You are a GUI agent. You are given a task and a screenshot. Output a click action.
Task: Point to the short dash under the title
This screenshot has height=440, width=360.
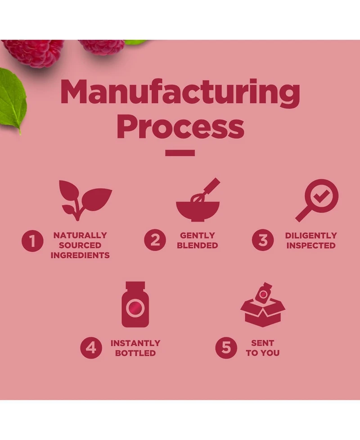pyautogui.click(x=180, y=153)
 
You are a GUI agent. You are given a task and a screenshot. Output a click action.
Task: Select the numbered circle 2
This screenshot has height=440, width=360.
pyautogui.click(x=155, y=240)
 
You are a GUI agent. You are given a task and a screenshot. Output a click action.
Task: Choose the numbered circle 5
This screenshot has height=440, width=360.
pyautogui.click(x=226, y=348)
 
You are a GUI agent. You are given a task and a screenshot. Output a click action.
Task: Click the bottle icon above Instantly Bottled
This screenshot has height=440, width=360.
pyautogui.click(x=135, y=305)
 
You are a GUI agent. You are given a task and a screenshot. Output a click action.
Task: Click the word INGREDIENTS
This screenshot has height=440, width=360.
pyautogui.click(x=80, y=255)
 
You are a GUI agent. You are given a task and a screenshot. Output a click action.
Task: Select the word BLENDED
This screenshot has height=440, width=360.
pyautogui.click(x=197, y=245)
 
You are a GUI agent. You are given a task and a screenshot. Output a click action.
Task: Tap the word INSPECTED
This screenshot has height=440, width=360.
pyautogui.click(x=311, y=245)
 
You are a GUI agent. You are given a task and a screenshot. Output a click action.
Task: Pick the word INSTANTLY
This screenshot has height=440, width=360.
pyautogui.click(x=135, y=343)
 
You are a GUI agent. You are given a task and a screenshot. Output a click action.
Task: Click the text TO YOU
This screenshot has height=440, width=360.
pyautogui.click(x=262, y=353)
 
